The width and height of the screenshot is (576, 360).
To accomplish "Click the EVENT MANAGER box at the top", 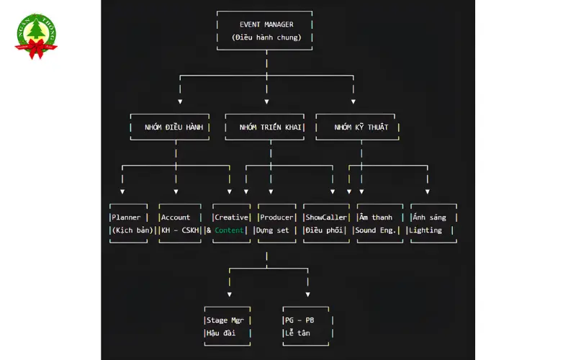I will (266, 24).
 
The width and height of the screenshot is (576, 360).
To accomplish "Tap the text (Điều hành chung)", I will (266, 37).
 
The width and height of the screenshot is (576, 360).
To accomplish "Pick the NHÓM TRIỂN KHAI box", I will (271, 127).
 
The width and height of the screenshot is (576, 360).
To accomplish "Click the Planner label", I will (127, 217).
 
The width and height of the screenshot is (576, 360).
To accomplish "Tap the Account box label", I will (176, 217).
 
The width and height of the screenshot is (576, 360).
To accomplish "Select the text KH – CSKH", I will (180, 230).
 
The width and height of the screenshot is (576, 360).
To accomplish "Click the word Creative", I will (231, 217).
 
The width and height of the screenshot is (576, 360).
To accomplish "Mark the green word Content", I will (230, 230).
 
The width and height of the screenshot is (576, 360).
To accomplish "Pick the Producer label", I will (277, 217).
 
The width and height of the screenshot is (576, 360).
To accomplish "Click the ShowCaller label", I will (326, 217).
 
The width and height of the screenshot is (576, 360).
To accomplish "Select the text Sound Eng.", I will (375, 230).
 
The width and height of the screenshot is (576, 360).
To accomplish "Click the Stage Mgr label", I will (228, 320).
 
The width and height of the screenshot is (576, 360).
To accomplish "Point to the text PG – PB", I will (300, 320).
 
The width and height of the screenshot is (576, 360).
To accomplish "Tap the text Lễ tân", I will (297, 333).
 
